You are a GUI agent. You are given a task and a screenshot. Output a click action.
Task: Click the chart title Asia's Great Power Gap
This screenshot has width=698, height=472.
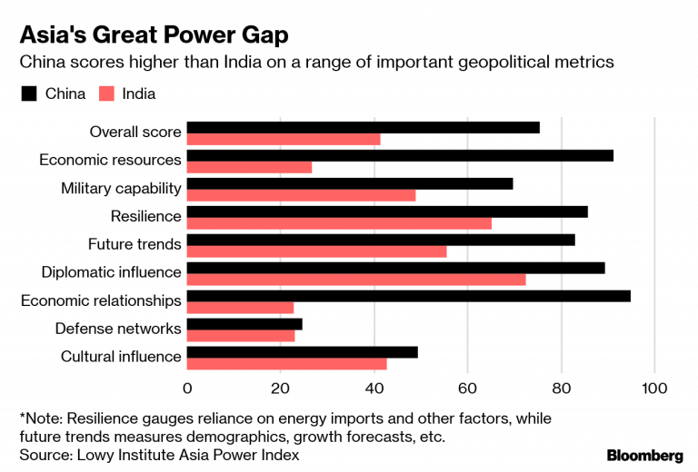(x=155, y=34)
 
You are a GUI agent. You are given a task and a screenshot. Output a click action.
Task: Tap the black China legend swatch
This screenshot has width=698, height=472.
(x=28, y=93)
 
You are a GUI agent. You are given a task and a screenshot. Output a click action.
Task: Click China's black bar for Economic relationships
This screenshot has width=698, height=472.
(x=408, y=296)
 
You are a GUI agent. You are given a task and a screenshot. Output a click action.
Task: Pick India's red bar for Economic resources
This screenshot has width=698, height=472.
(x=249, y=167)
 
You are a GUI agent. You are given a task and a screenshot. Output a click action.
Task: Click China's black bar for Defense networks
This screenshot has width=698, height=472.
(x=244, y=324)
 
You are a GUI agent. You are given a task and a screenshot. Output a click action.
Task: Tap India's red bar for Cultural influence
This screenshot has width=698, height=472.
(x=286, y=364)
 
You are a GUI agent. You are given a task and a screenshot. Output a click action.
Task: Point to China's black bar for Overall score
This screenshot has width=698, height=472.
(x=363, y=127)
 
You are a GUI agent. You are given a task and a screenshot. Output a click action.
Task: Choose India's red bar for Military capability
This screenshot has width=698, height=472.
(x=301, y=195)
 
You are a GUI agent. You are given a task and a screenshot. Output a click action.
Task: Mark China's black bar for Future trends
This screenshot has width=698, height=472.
(x=381, y=240)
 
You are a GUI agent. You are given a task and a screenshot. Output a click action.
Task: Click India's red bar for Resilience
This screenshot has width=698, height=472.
(x=339, y=223)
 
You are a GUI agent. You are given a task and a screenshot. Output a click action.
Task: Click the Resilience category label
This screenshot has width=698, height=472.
(x=145, y=216)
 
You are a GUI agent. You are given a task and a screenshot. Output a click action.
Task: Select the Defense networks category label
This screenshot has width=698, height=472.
(x=118, y=329)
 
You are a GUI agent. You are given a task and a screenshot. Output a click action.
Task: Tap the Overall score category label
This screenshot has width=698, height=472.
(x=135, y=132)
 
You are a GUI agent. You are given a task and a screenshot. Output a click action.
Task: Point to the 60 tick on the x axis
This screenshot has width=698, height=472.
(x=467, y=388)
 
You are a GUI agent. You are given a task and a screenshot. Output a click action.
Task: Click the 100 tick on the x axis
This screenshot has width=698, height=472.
(x=653, y=388)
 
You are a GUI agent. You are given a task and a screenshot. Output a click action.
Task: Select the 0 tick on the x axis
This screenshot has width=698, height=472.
(x=187, y=388)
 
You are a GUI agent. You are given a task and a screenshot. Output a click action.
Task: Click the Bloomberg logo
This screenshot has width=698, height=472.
(x=644, y=455)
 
